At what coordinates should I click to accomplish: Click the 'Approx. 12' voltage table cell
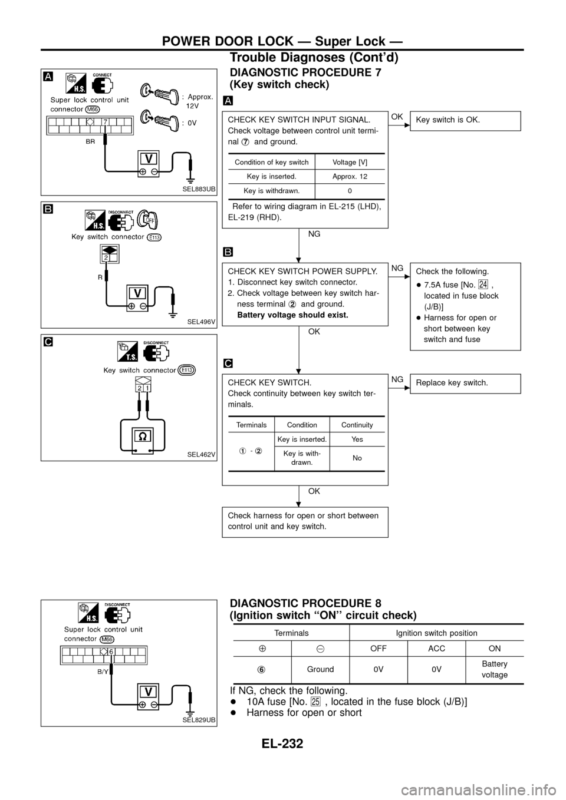350,176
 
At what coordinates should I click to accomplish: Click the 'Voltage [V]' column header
350,162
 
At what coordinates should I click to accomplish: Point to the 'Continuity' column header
357,425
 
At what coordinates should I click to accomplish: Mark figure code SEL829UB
199,720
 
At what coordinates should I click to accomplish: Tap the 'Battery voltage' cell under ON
494,669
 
